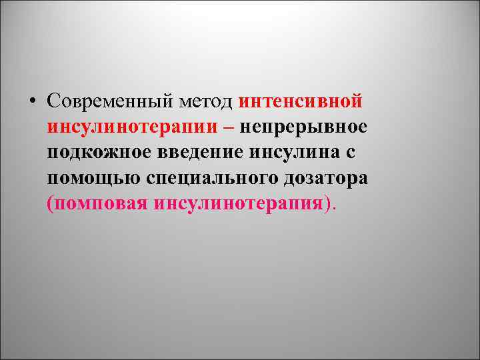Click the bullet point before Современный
point(32,101)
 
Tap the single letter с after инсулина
point(351,153)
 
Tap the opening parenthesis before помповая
point(50,203)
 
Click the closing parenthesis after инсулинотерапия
point(326,203)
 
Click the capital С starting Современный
point(54,101)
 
